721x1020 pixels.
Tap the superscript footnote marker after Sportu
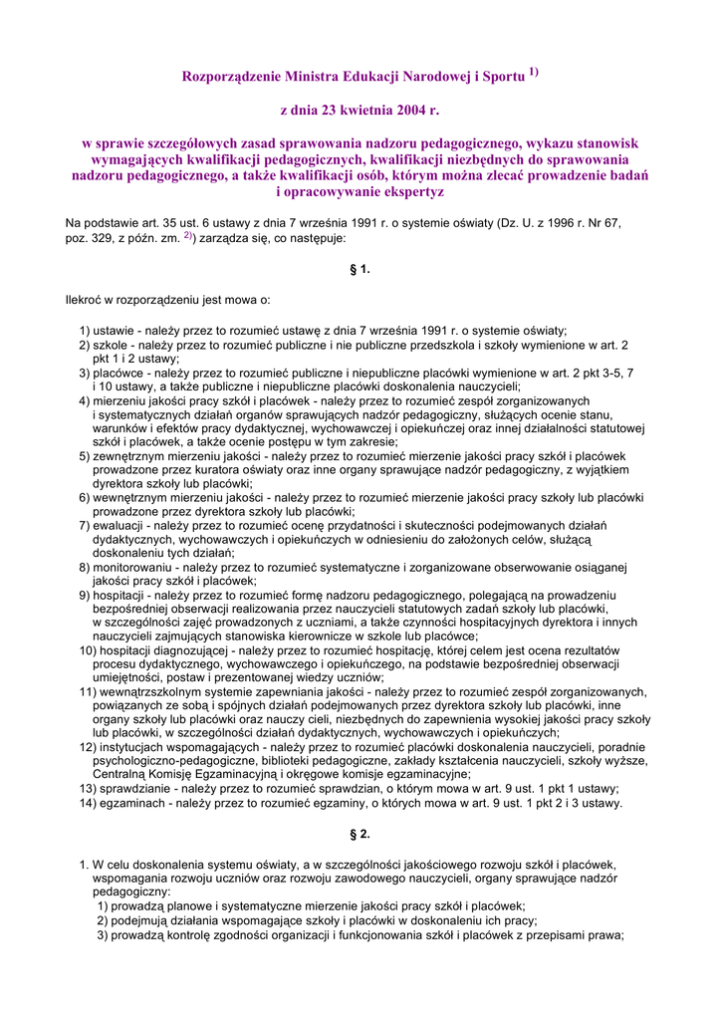pos(534,72)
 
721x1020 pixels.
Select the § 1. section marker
pos(360,269)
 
